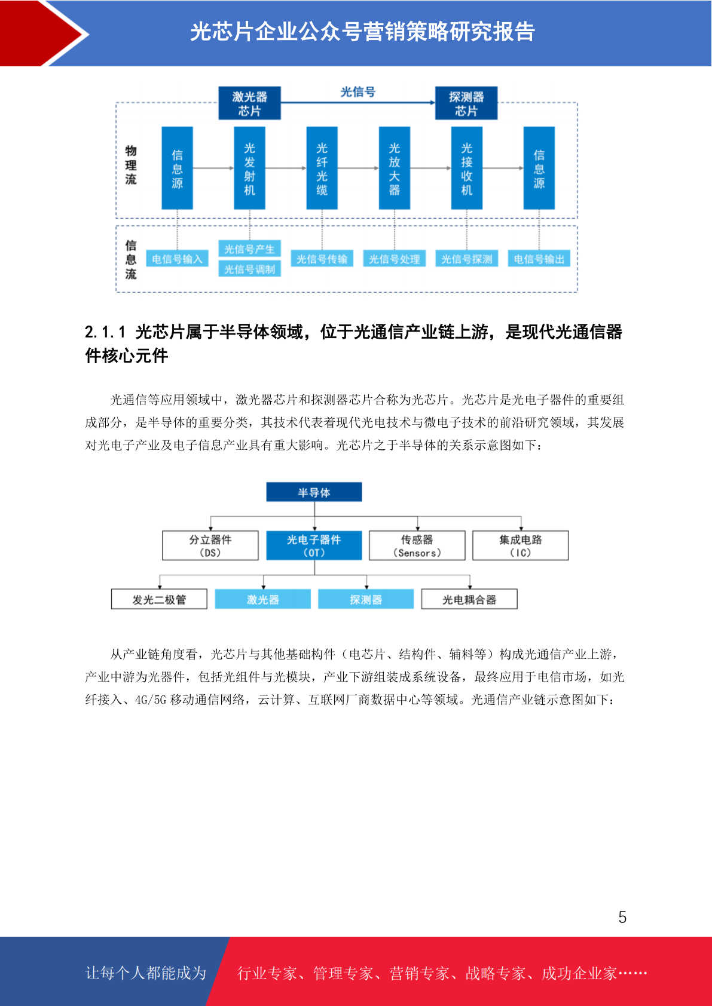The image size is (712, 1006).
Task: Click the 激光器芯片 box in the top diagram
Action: (x=249, y=103)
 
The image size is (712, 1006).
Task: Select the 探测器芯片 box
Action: (x=466, y=103)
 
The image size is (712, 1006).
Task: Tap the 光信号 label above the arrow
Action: (x=358, y=92)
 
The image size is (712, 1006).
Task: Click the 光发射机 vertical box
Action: (x=249, y=168)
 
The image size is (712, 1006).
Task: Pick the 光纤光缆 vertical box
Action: (x=322, y=168)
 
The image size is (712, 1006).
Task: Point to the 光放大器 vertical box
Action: (x=394, y=168)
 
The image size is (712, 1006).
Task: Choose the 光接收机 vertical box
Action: (x=466, y=168)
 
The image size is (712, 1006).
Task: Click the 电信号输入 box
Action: (x=177, y=259)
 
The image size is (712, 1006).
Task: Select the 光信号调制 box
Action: (x=249, y=269)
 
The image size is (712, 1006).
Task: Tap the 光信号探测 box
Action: (x=466, y=259)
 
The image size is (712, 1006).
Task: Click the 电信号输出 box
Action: (x=539, y=259)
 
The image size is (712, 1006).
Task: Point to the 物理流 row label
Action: (x=131, y=165)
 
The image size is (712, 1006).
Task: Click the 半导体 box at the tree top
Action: (x=314, y=492)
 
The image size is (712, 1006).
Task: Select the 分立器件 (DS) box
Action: (x=210, y=545)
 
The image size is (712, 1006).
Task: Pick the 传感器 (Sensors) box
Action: (x=417, y=545)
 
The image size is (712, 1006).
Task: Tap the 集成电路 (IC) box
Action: (x=521, y=545)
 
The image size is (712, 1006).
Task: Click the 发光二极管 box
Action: (x=159, y=599)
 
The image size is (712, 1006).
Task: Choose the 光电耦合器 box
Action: (x=469, y=599)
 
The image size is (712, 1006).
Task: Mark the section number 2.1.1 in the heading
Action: (x=105, y=332)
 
